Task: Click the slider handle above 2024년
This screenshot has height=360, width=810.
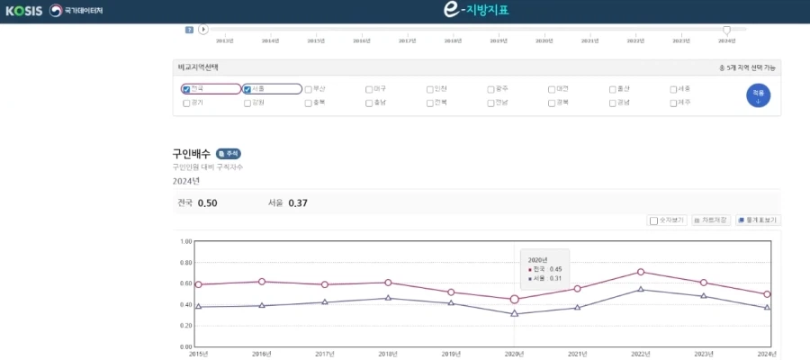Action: tap(726, 30)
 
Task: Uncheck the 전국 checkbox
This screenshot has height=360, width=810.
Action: tap(186, 89)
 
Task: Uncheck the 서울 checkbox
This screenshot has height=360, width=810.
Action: tap(247, 89)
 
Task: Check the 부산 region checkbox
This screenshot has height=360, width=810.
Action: tap(309, 89)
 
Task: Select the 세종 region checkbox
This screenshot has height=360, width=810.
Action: tap(673, 89)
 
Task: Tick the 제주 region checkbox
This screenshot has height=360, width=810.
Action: tap(673, 103)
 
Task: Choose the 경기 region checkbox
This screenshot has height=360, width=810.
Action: tap(186, 103)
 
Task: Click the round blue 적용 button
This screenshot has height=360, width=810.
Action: tap(758, 95)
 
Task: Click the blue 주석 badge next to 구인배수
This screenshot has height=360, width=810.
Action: tap(229, 154)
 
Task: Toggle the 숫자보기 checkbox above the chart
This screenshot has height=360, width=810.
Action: tap(653, 220)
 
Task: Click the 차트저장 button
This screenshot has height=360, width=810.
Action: tap(711, 220)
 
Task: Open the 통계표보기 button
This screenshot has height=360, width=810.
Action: tap(757, 220)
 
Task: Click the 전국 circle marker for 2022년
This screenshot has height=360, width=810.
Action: tap(641, 272)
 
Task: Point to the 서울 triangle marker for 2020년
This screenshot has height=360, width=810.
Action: tap(514, 313)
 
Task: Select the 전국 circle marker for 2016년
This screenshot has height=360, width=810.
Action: tap(261, 282)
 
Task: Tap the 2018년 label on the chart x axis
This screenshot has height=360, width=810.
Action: tap(388, 354)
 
